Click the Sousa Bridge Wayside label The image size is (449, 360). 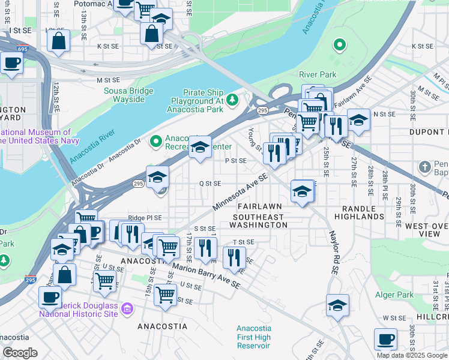tap(133, 95)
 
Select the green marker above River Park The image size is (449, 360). tap(339, 45)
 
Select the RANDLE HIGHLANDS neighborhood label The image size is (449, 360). tap(359, 211)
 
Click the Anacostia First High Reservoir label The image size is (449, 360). tap(254, 337)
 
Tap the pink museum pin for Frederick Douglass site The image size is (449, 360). tap(127, 310)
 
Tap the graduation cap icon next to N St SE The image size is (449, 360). tap(358, 119)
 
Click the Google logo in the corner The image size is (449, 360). tap(20, 353)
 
